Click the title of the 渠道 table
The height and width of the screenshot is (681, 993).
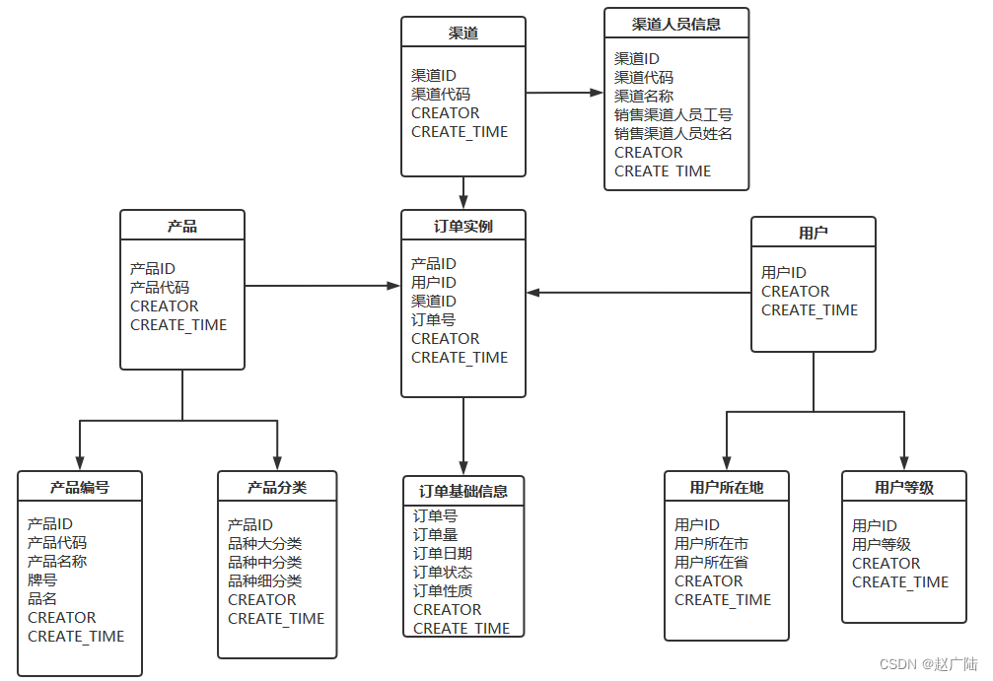[463, 33]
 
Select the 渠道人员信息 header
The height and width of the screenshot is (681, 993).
[675, 24]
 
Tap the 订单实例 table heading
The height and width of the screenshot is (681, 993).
[463, 226]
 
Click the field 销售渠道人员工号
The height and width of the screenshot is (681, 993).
[674, 114]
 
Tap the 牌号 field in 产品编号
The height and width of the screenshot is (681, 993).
[42, 579]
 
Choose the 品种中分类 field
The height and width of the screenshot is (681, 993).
[264, 562]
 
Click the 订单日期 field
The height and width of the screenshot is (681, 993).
[442, 553]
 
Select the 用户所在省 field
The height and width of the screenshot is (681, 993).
[711, 562]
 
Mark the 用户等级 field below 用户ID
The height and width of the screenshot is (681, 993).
[882, 544]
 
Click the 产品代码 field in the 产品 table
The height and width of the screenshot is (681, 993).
[159, 287]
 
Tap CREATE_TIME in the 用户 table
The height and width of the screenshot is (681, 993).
[810, 309]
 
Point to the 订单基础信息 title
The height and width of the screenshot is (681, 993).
[463, 491]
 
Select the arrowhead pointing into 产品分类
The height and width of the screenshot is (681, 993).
[277, 461]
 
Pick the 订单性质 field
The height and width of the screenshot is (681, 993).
[442, 590]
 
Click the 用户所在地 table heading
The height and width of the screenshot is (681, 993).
[727, 487]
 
